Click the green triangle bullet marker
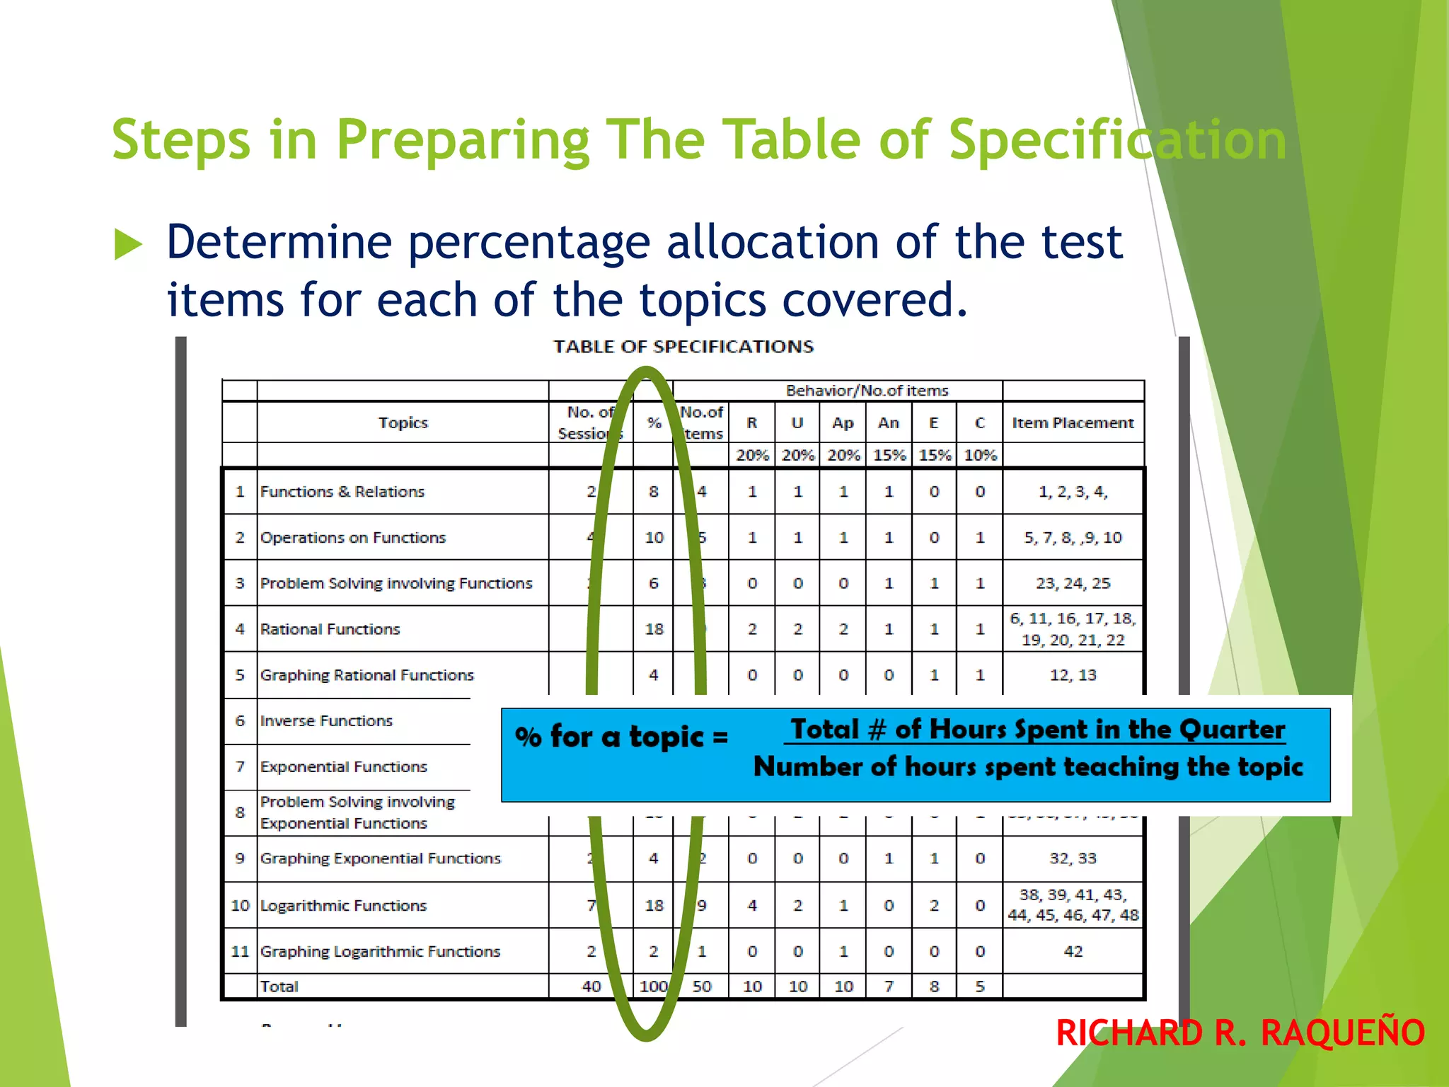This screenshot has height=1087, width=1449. (x=128, y=245)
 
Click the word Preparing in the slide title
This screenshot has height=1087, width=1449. (x=463, y=140)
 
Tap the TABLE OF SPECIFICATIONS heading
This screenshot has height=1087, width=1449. (x=683, y=347)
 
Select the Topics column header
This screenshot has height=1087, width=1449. (x=403, y=422)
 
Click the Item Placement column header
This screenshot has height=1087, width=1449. (x=1073, y=422)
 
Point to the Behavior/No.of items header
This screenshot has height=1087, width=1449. (x=867, y=391)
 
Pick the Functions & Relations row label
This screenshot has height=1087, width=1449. (x=342, y=492)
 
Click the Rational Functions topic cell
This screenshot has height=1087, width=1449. (x=330, y=629)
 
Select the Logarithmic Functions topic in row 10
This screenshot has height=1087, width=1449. (x=343, y=906)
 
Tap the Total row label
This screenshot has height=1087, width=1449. (x=279, y=987)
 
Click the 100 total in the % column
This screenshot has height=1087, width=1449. (x=653, y=987)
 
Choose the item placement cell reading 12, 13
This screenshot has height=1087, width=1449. (x=1073, y=675)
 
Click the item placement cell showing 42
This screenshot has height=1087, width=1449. (x=1073, y=952)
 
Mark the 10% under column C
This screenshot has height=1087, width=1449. (x=980, y=455)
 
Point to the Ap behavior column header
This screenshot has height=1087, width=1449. (x=843, y=422)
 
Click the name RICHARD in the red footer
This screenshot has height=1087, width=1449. (x=1128, y=1033)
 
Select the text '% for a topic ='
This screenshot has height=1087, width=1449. (x=621, y=737)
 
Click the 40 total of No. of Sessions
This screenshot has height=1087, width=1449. (x=591, y=987)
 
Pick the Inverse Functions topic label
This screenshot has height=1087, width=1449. (x=326, y=721)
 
